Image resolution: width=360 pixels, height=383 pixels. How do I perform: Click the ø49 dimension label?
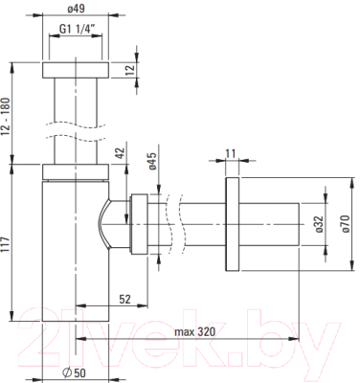[76, 9]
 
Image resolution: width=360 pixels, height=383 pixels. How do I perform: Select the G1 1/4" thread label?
[78, 29]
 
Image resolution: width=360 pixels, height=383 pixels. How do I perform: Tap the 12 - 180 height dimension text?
[6, 117]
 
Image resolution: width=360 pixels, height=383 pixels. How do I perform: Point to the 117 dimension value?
[5, 245]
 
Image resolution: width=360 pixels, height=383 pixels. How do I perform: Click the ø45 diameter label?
[152, 162]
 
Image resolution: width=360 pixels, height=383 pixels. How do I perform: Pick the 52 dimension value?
[124, 299]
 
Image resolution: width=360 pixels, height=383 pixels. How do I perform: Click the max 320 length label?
[194, 332]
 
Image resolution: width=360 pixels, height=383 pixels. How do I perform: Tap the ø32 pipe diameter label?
[320, 224]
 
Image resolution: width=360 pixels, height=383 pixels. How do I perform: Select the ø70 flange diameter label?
[346, 224]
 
